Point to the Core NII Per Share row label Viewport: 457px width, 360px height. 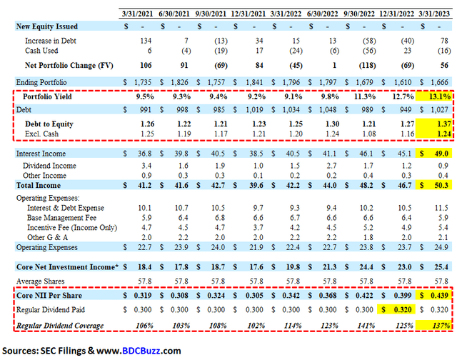pos(54,296)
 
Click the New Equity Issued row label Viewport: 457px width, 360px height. pos(48,26)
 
